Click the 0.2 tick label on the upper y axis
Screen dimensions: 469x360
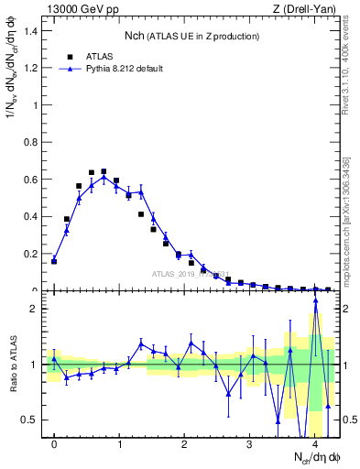[x=31, y=254]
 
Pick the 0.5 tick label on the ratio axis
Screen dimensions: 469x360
[x=31, y=420]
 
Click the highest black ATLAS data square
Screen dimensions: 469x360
[x=104, y=171]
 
